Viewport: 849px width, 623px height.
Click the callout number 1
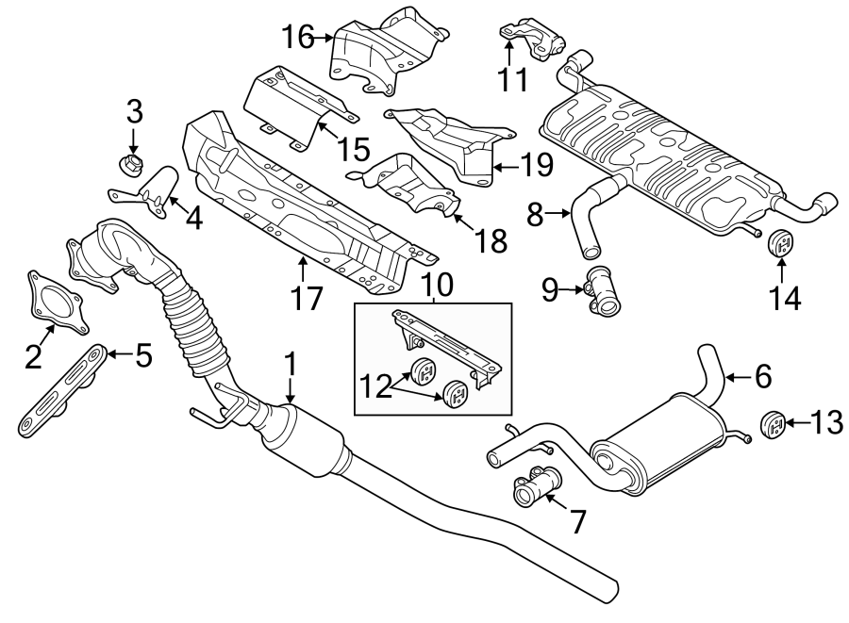(x=291, y=363)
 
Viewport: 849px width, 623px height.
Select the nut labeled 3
(x=131, y=166)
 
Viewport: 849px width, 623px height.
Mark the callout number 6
(x=762, y=377)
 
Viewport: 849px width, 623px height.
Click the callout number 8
(x=534, y=216)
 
